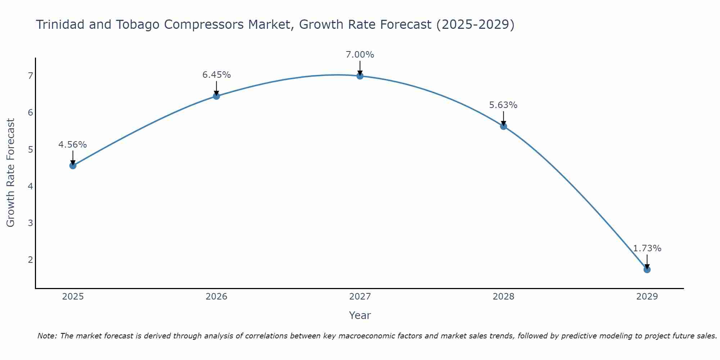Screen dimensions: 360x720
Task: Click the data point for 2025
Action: click(x=73, y=166)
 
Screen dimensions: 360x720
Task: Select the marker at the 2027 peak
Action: click(x=360, y=76)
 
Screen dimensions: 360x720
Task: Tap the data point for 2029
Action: click(x=647, y=270)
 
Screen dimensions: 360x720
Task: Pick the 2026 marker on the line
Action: click(x=216, y=96)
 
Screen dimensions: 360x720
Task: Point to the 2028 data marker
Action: click(x=504, y=126)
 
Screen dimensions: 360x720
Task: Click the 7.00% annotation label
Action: click(x=360, y=55)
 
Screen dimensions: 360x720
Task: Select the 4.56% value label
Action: click(x=73, y=145)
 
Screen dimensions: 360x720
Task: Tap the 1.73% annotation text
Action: click(x=647, y=248)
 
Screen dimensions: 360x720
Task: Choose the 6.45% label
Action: click(x=216, y=75)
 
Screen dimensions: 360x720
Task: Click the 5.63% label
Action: click(x=503, y=105)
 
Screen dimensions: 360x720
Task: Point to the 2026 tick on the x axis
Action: click(x=216, y=297)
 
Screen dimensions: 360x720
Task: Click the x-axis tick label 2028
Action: click(x=504, y=297)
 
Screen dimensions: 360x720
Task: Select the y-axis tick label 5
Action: click(x=30, y=149)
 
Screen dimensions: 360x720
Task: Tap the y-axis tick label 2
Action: click(x=30, y=260)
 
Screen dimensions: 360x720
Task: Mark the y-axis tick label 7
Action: click(x=30, y=76)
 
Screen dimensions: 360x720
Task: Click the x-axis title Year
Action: click(x=360, y=315)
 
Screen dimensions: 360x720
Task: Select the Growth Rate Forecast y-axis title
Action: click(x=11, y=173)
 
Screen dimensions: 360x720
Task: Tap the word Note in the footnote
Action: click(x=47, y=336)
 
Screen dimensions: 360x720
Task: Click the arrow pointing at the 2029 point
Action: click(x=647, y=261)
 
